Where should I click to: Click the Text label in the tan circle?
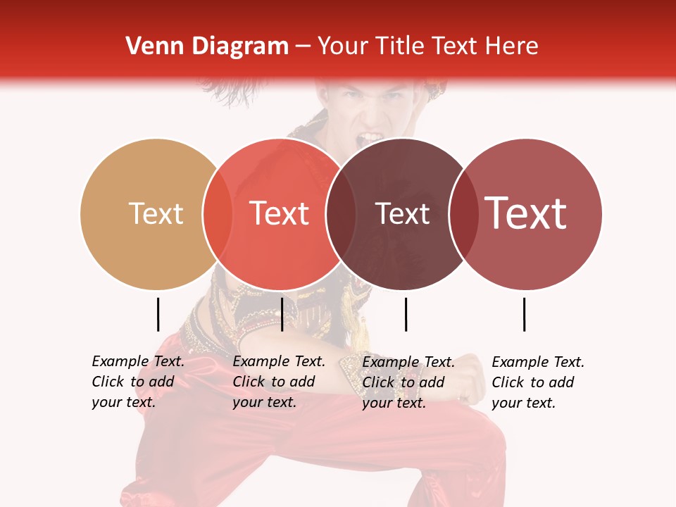coord(156,213)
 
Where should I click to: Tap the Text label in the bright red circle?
coord(279,213)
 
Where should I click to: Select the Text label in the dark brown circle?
coord(402,213)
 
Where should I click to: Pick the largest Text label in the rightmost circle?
coord(526,213)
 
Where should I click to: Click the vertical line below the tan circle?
coord(158,314)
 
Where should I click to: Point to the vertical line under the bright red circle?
coord(282,314)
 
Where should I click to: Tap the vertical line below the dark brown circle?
coord(406,314)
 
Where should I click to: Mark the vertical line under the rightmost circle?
coord(525,314)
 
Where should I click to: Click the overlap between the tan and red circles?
coord(218,213)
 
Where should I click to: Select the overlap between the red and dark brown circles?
coord(341,213)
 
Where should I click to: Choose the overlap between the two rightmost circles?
coord(464,213)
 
